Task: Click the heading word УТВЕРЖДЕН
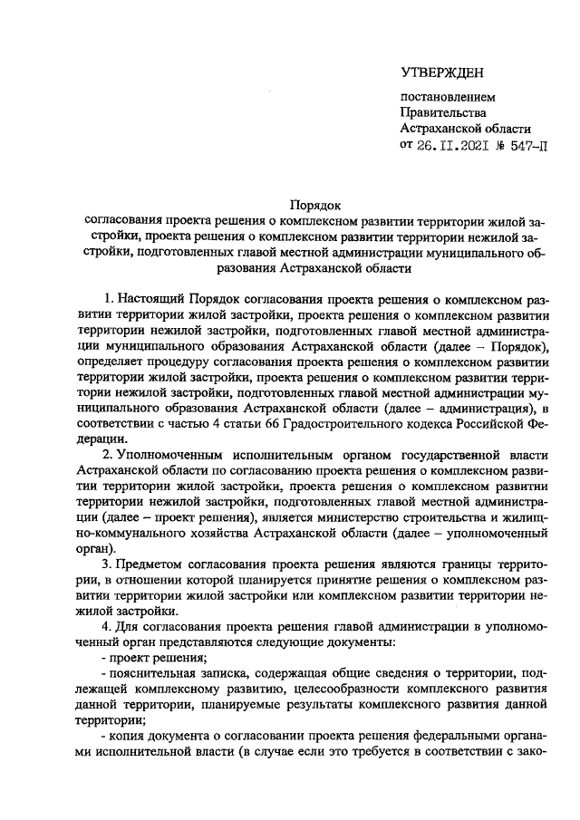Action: (442, 72)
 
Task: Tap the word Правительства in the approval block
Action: (443, 112)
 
